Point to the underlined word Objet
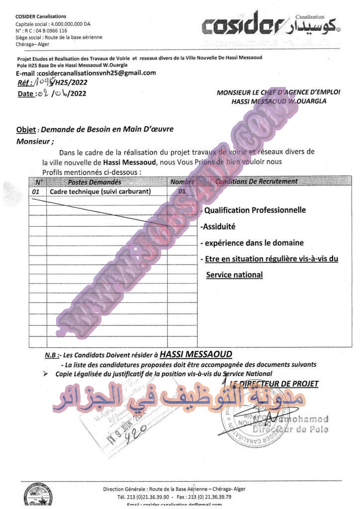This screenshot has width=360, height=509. [x=26, y=130]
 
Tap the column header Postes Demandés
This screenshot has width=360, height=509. [x=94, y=182]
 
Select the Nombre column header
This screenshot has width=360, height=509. [x=182, y=182]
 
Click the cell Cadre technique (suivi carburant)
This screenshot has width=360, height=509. [x=100, y=191]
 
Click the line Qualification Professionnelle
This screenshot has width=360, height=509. [x=255, y=210]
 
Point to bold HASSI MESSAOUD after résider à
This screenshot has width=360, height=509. [x=196, y=354]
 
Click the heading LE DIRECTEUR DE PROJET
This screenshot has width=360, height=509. [x=273, y=384]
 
